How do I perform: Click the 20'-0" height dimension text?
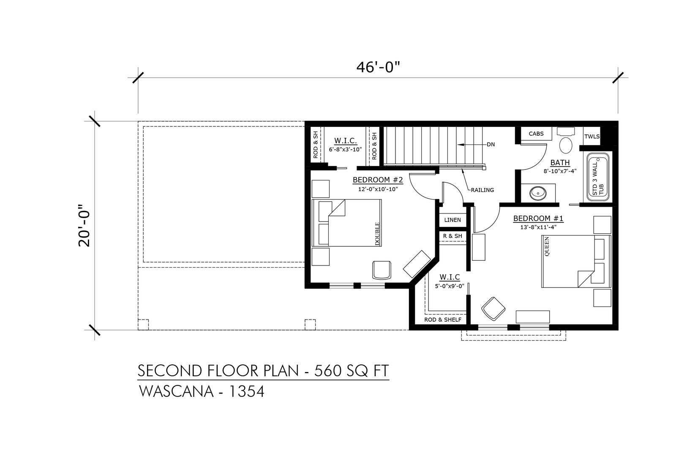(84, 226)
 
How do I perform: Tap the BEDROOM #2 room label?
(378, 180)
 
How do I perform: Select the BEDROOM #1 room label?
(538, 218)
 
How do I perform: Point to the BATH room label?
(560, 163)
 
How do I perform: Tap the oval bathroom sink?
(538, 194)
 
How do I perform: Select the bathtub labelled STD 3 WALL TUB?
(598, 178)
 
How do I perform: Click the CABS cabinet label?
(536, 134)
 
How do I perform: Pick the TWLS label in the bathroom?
(592, 137)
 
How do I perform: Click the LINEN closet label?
(452, 220)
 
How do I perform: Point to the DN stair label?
(491, 145)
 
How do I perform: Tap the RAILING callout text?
(482, 190)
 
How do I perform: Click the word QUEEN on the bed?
(547, 246)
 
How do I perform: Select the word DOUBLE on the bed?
(377, 234)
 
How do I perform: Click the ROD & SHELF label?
(443, 320)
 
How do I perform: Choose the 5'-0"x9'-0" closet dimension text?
(450, 286)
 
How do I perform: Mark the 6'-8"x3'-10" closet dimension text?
(345, 149)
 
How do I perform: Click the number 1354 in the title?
(247, 392)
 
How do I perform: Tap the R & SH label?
(452, 236)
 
